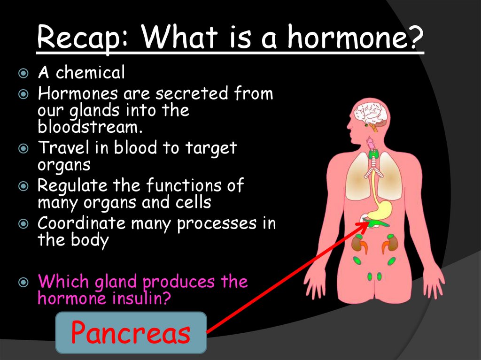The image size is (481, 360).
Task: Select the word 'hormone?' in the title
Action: tap(355, 39)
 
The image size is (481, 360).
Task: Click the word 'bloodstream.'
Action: tap(90, 126)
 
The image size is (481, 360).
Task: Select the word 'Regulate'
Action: tap(72, 185)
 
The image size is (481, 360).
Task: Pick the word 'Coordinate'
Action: tap(81, 223)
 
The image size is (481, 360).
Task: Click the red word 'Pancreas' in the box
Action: tap(131, 333)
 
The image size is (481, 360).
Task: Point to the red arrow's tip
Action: tap(369, 222)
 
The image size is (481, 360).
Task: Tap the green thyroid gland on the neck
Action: tap(373, 153)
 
